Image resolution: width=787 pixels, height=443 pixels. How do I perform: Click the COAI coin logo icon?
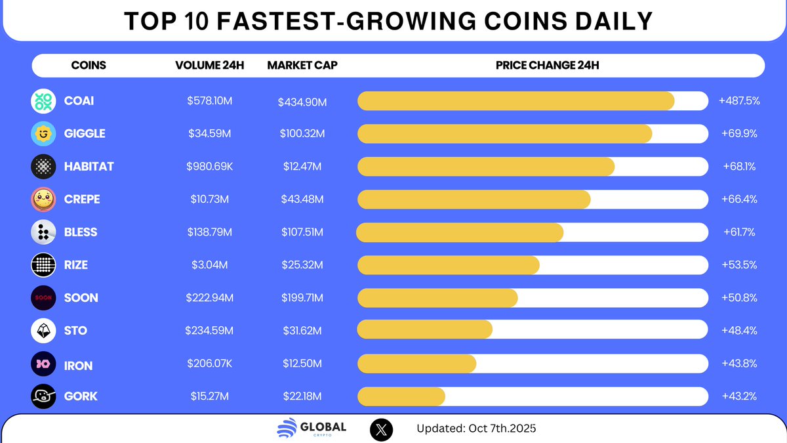click(43, 101)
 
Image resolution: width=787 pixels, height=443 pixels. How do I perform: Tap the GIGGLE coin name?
click(85, 134)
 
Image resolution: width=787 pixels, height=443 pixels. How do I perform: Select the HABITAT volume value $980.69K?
click(209, 167)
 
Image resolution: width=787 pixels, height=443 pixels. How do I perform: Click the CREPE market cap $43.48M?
click(302, 200)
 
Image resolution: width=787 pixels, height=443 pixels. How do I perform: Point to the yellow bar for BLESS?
click(460, 232)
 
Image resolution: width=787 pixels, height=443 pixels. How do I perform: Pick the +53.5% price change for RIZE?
click(739, 265)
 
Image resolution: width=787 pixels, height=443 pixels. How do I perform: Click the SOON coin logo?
click(43, 298)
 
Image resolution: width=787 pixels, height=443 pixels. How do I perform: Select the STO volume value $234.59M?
click(209, 331)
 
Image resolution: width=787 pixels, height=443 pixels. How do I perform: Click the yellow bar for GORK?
click(401, 396)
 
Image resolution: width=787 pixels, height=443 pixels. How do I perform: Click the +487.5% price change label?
click(739, 101)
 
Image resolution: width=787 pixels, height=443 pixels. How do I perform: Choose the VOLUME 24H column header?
click(209, 66)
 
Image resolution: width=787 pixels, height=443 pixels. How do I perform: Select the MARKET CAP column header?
click(302, 66)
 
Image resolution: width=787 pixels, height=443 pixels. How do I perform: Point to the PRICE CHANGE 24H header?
click(547, 66)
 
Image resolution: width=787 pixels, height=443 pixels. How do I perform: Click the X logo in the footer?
click(382, 429)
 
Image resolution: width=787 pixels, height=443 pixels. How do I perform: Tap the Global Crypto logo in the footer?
click(312, 429)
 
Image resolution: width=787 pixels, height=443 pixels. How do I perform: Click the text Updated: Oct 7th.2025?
click(476, 429)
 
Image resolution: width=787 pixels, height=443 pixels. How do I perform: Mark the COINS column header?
click(89, 66)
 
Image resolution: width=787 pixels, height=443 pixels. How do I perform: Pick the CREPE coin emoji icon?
click(43, 200)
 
